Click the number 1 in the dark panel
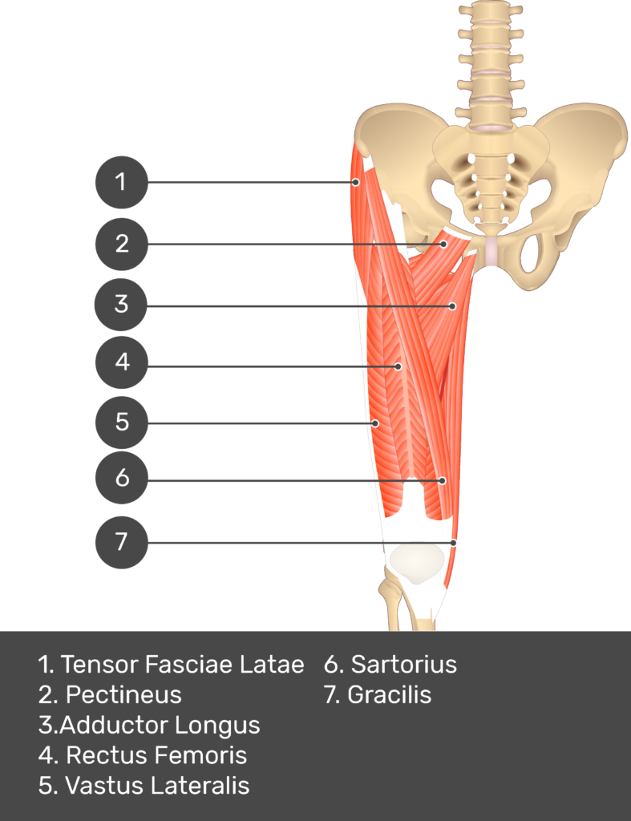pos(120,182)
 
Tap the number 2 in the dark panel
pos(121,243)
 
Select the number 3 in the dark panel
pos(121,304)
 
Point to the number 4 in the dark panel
pos(122,362)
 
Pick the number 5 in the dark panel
pos(122,421)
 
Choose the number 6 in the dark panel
pos(122,478)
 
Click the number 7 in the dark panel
pos(121,541)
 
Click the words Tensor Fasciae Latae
pos(182,665)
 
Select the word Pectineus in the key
pos(123,694)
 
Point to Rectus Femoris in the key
pos(156,755)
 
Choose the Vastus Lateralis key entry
pos(157,786)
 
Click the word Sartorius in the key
pos(403,665)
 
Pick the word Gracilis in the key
pos(389,694)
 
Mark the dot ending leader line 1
pos(355,183)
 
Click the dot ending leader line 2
pos(443,243)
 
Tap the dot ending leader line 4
pos(398,366)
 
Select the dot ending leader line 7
pos(454,543)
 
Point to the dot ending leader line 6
pos(442,480)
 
